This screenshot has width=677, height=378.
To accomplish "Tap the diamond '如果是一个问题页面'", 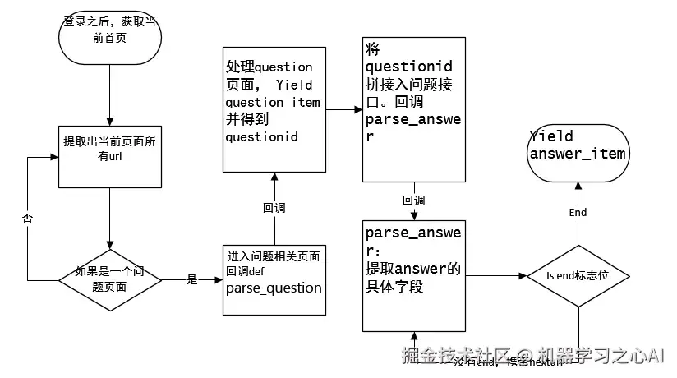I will pyautogui.click(x=109, y=279).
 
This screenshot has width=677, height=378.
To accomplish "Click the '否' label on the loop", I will pyautogui.click(x=28, y=218).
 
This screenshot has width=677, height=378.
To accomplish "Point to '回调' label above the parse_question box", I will pyautogui.click(x=274, y=208).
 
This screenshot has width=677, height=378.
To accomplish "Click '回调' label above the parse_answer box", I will pyautogui.click(x=414, y=200).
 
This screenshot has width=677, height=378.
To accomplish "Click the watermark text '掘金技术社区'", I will pyautogui.click(x=451, y=356).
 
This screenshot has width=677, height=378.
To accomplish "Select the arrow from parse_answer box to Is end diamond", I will pyautogui.click(x=495, y=276).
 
